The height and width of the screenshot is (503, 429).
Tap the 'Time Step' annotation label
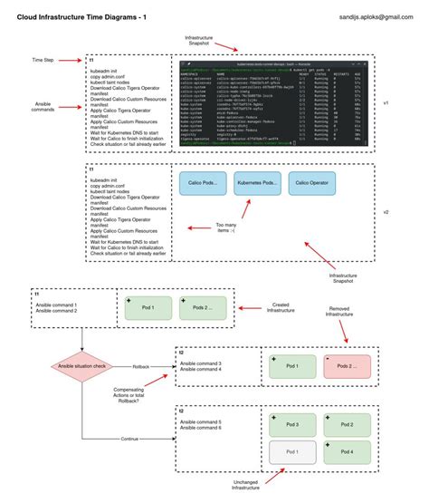[42, 60]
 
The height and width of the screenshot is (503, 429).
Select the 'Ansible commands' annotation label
[43, 109]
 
